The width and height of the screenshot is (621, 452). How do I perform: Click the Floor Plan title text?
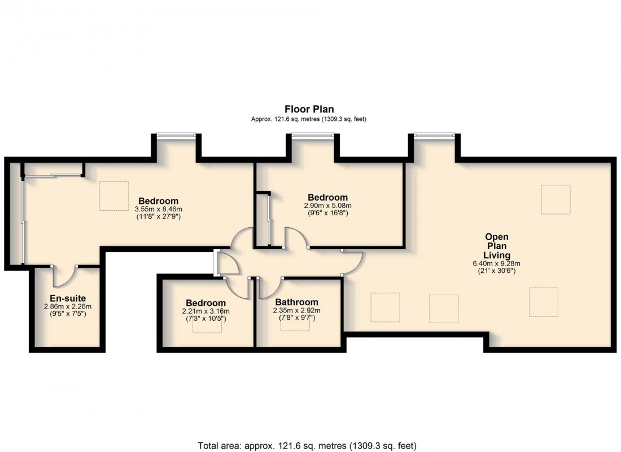(309, 110)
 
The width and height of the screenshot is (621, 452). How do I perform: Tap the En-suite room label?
(67, 298)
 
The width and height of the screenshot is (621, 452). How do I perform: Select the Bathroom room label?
(296, 302)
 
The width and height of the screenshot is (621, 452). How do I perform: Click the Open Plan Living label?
(496, 246)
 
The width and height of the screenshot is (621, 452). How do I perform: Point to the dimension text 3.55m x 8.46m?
(158, 208)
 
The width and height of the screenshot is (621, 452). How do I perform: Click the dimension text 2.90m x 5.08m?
(327, 206)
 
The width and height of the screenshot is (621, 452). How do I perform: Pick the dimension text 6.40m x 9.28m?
(496, 263)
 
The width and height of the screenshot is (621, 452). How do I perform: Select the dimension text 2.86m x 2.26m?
(67, 306)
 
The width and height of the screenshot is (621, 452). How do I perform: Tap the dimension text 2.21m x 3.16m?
(205, 311)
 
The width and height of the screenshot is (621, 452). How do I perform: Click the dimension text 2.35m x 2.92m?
(296, 310)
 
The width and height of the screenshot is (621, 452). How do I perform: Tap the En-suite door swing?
(63, 276)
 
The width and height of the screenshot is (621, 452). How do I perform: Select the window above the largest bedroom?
(176, 135)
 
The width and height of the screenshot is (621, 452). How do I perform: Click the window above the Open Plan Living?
(434, 135)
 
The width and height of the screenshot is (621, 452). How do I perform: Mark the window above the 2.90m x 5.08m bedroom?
(312, 135)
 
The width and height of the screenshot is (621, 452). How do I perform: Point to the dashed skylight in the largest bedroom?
(115, 196)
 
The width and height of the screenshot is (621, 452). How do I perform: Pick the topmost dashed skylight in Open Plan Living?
(556, 199)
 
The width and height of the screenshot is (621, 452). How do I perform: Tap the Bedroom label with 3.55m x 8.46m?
(158, 201)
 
